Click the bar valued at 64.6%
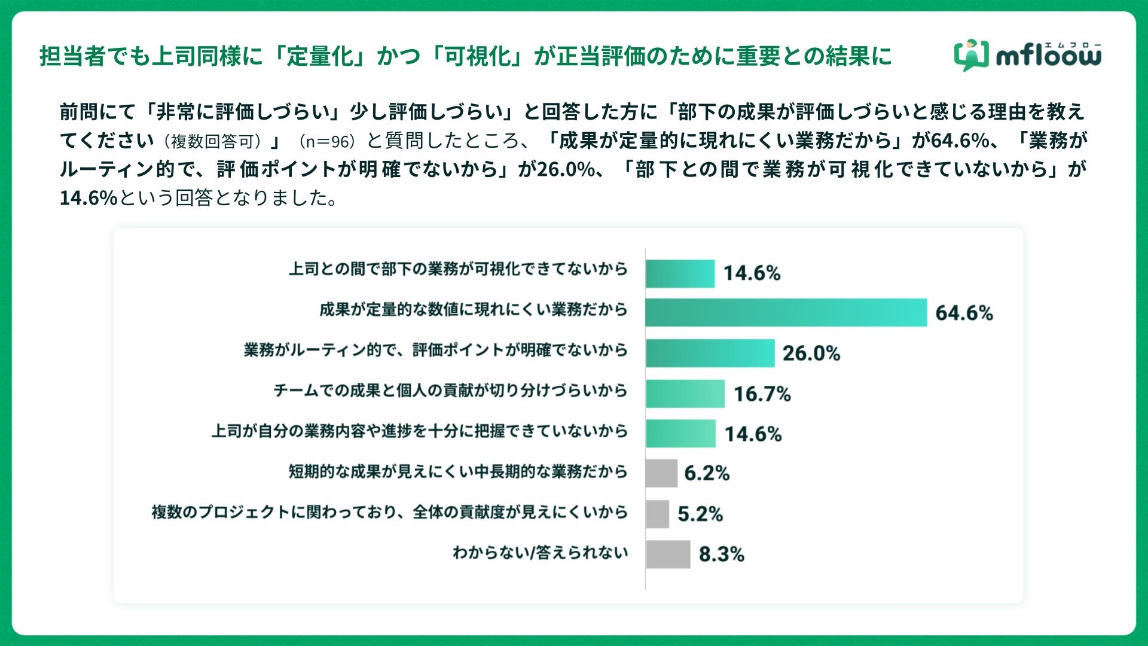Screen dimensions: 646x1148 786,312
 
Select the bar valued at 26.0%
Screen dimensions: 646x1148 710,353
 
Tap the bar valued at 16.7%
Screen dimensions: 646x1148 685,394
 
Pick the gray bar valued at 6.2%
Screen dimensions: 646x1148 661,474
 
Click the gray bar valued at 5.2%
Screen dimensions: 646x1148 657,514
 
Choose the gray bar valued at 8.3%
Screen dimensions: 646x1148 667,554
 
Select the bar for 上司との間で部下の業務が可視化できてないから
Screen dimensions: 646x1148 680,273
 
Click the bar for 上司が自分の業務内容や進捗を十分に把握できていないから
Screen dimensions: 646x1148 680,434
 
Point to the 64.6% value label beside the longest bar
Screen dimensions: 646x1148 964,313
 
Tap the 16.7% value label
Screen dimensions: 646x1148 762,394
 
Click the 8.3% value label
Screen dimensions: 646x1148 721,554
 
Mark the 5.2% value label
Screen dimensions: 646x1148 700,514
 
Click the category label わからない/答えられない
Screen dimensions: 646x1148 540,552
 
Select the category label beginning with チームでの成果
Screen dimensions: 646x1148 450,391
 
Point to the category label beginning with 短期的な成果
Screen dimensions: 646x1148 458,472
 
